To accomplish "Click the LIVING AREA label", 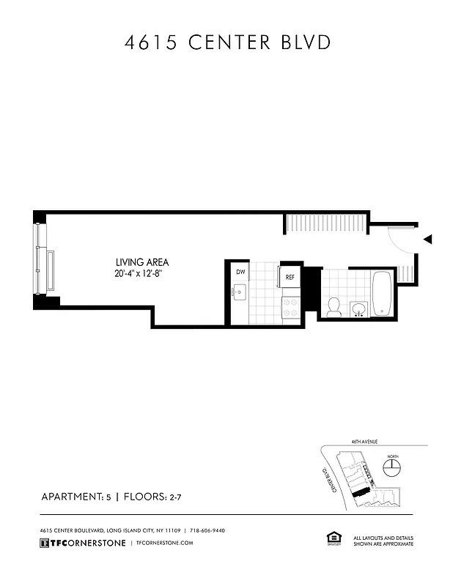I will [x=142, y=262].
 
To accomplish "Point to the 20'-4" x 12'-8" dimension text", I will [x=142, y=274].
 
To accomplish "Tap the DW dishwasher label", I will [x=240, y=272].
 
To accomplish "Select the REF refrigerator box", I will [x=290, y=277].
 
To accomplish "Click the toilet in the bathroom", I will [x=334, y=306].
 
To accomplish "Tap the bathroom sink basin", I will [x=358, y=309].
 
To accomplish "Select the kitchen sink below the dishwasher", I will [x=240, y=294].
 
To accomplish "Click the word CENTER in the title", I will [x=228, y=42].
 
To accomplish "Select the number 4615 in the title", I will [x=149, y=42].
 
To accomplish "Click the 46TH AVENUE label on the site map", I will [x=364, y=442].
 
